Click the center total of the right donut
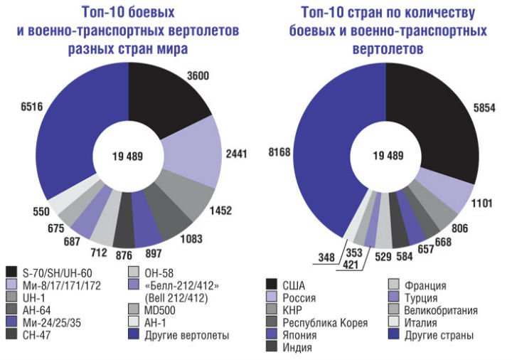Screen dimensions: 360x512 385,156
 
